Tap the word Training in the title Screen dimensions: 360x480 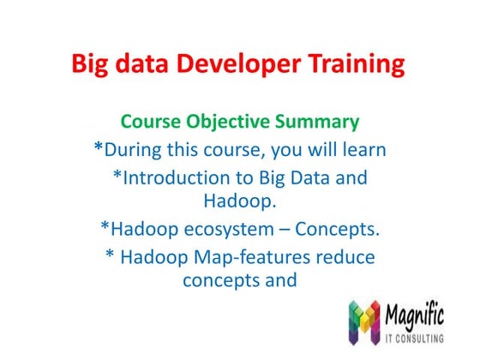point(354,64)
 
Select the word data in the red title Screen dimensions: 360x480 point(136,64)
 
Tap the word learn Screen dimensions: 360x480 point(361,150)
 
